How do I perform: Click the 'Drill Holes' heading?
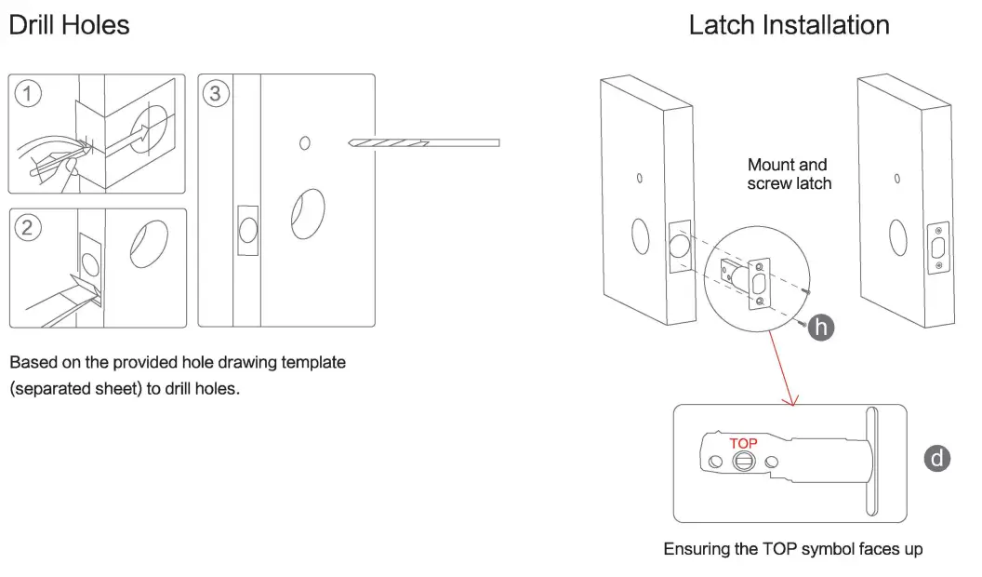point(69,25)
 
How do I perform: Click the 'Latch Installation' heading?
point(789,25)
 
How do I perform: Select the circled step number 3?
point(216,93)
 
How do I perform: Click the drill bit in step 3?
point(424,143)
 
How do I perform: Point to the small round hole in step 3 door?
point(304,143)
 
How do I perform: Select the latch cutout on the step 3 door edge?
point(246,230)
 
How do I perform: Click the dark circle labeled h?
point(820,326)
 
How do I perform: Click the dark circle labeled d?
point(937,458)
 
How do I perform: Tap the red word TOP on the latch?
point(743,443)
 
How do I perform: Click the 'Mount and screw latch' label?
point(789,174)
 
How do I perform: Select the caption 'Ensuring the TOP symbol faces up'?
point(792,549)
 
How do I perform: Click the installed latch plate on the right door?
point(938,248)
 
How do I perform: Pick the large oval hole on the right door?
point(896,236)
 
